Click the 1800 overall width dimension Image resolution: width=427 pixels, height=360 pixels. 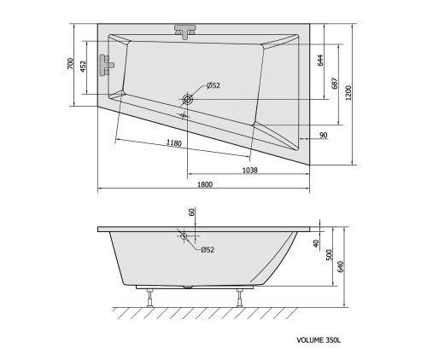click(204, 184)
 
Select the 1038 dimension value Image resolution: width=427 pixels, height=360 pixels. click(249, 170)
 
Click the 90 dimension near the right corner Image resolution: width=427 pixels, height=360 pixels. click(324, 135)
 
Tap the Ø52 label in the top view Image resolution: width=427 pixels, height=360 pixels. click(213, 85)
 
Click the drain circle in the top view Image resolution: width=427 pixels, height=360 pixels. click(188, 99)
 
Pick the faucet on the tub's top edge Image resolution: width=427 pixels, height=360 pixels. click(185, 31)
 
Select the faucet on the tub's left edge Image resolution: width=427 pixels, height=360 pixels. click(107, 65)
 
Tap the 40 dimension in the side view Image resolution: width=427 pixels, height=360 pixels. click(316, 245)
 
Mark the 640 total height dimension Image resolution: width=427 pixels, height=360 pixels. click(342, 266)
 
